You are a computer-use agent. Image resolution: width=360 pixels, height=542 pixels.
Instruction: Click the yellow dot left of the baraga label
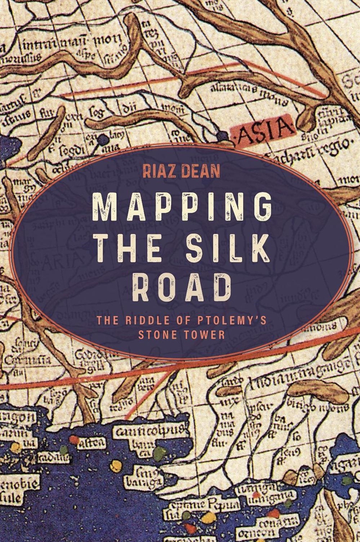tap(116, 465)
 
